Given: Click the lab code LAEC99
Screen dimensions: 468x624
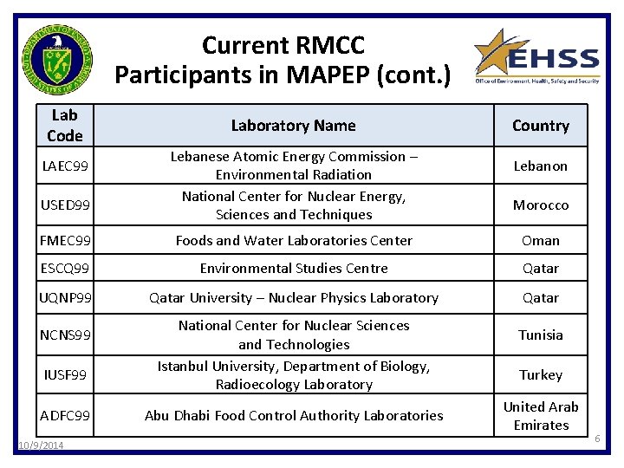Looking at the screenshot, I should coord(65,166).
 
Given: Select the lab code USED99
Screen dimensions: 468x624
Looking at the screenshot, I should coord(65,205).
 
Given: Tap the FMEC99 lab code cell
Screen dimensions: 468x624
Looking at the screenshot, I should coord(65,240).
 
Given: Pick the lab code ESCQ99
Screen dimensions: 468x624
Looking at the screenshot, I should coord(65,269).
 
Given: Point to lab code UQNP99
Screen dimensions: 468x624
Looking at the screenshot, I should coord(65,297).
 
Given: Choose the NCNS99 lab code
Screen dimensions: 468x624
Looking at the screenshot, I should coord(65,335).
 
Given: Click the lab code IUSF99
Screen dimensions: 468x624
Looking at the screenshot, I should coord(65,374).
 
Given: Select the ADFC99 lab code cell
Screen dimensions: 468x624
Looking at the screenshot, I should coord(65,416).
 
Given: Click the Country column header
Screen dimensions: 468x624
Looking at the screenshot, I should coord(540,126).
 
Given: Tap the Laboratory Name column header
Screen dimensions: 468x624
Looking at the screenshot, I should coord(293,126).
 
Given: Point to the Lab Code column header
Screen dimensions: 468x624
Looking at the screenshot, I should coord(65,126).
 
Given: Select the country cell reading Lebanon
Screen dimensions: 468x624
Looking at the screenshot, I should coord(540,166).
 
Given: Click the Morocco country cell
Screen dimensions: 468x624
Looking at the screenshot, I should coord(540,205).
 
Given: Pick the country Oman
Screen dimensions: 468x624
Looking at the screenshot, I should coord(540,240).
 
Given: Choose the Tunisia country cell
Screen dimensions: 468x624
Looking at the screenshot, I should coord(540,335).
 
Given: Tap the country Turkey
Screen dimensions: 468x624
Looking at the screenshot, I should coord(540,374).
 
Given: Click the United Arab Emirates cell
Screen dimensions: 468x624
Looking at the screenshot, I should coord(540,416).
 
